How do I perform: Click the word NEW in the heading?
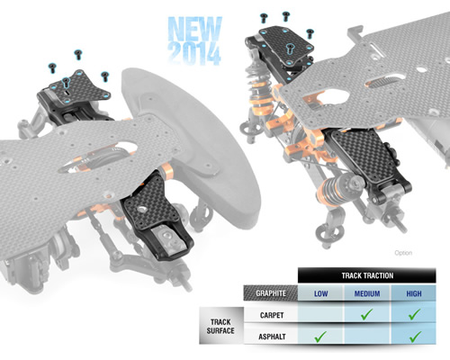[195, 29]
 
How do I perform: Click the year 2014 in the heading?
[194, 54]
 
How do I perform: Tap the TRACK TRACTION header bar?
[367, 275]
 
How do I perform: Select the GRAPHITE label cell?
[271, 293]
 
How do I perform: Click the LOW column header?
[320, 293]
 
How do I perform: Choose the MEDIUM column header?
[367, 293]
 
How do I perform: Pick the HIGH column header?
[414, 293]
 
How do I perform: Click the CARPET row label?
[272, 315]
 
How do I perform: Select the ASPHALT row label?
[272, 337]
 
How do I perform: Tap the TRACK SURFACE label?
[220, 326]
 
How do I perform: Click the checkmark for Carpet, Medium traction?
[366, 314]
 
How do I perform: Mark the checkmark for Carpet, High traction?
[414, 314]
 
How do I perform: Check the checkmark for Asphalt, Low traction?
[320, 337]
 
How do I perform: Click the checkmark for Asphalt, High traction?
[415, 337]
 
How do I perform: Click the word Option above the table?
[403, 253]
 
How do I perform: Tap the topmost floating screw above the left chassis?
[78, 55]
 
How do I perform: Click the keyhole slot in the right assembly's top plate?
[290, 49]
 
